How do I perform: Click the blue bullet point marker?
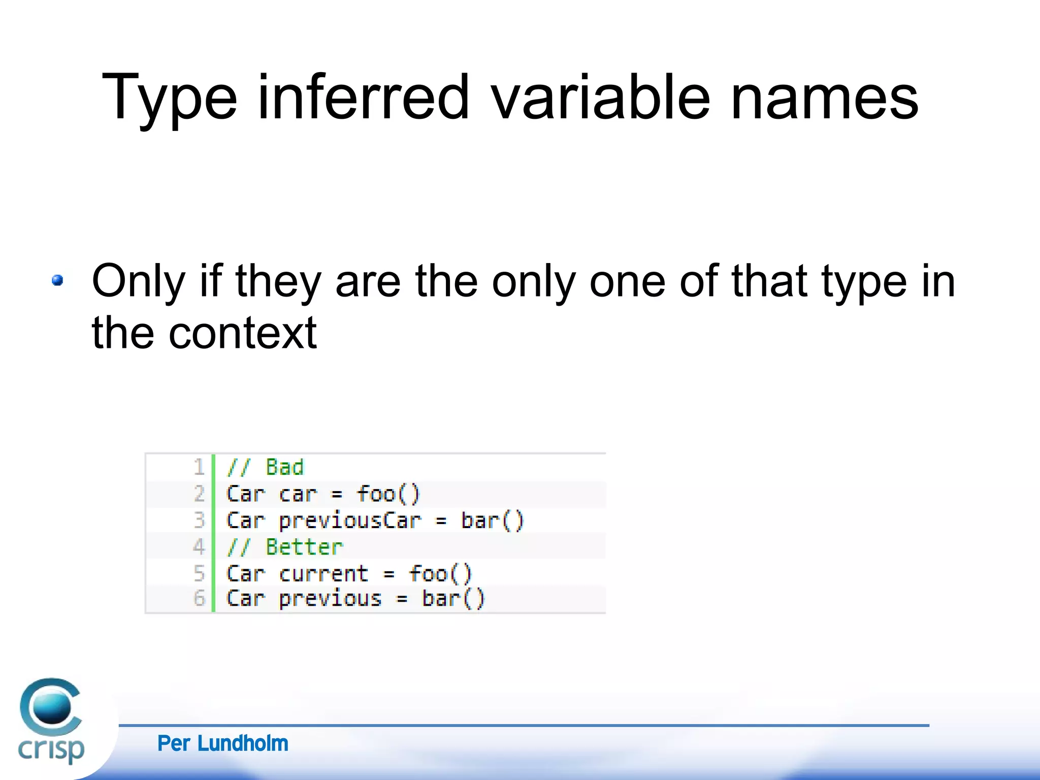tap(57, 280)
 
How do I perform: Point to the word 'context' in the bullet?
tap(242, 333)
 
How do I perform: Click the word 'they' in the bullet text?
tap(278, 282)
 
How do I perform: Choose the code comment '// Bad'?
tap(265, 467)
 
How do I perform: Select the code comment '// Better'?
tap(284, 547)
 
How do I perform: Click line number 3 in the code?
tap(199, 520)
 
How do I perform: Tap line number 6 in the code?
tap(199, 598)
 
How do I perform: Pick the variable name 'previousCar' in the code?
tap(350, 521)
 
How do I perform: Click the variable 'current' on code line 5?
tap(323, 574)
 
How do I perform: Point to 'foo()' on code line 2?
tap(388, 494)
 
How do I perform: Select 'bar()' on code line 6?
tap(453, 598)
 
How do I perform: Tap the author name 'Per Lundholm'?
tap(222, 743)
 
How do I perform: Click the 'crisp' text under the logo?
tap(51, 750)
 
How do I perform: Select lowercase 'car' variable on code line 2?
tap(298, 494)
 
